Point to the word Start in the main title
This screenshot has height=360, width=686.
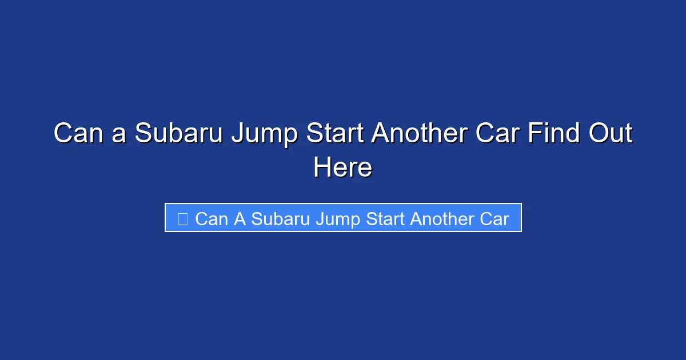click(334, 134)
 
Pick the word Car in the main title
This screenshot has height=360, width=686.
click(505, 134)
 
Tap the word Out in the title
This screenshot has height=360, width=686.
click(612, 134)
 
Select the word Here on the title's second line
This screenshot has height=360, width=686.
click(342, 167)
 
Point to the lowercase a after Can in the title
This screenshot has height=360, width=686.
click(118, 136)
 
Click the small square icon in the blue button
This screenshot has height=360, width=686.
click(182, 219)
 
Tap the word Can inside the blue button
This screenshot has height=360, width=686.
click(212, 219)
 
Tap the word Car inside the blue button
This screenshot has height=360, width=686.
click(494, 219)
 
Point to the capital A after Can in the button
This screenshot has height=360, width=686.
click(240, 219)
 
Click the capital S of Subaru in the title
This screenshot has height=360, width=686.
click(143, 134)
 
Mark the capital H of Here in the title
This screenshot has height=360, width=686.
click(321, 167)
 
